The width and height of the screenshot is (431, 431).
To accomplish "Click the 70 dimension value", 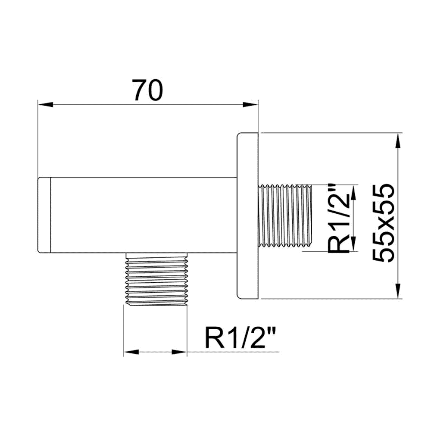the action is [147, 90].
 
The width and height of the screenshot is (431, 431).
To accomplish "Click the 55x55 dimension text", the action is [384, 223].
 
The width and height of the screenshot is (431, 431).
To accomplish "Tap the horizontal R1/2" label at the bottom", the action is [239, 337].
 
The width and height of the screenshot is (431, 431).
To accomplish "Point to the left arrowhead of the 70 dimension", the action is [45, 105].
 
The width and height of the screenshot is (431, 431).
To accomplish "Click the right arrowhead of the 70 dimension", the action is [251, 105].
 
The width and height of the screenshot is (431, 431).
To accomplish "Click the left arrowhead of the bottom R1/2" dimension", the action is [131, 352].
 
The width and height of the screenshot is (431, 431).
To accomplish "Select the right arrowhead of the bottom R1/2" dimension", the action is [179, 352].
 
